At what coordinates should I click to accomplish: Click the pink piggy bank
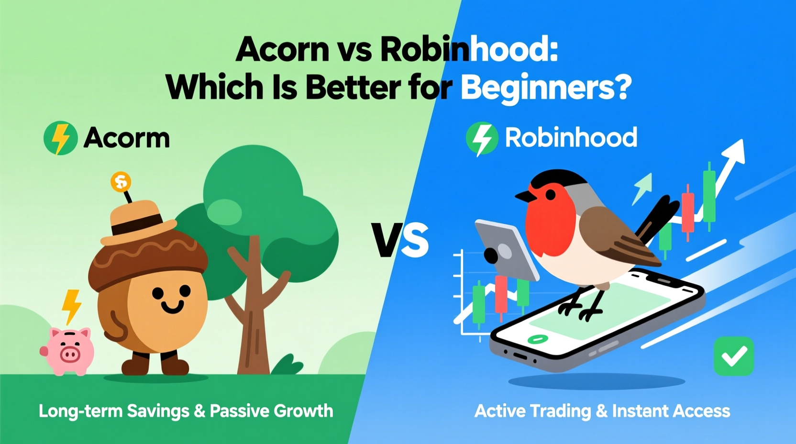pos(68,351)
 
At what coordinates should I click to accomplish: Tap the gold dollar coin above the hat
pos(121,182)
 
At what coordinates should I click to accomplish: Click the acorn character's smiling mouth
pos(172,307)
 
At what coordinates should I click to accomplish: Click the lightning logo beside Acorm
pos(61,138)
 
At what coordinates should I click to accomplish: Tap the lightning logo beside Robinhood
pos(482,139)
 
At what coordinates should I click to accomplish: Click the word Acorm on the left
pos(127,138)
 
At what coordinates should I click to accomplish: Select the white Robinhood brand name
pos(571,138)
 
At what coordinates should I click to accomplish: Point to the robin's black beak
pos(525,196)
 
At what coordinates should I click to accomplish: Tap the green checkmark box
pos(733,356)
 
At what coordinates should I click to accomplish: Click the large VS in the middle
pos(400,241)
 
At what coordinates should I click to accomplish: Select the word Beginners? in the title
pos(546,88)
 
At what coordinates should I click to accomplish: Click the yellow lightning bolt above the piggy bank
pos(72,306)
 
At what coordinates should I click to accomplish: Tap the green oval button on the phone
pos(538,339)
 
